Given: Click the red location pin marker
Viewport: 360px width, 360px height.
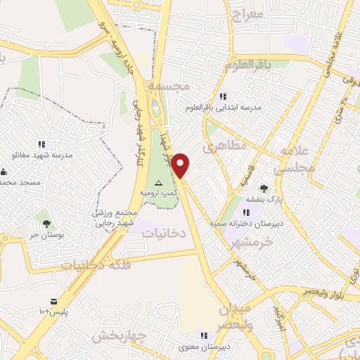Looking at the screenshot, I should (x=181, y=165).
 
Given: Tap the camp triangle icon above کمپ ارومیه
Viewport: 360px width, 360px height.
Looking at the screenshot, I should (x=158, y=181).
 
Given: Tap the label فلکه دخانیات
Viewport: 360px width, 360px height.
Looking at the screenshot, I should (x=87, y=265).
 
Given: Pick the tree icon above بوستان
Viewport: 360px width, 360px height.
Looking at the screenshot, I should (x=46, y=224).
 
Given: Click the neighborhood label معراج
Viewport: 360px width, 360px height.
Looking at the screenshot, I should (x=247, y=14).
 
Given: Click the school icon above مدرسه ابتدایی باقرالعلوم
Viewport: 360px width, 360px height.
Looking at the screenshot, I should (x=222, y=96).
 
